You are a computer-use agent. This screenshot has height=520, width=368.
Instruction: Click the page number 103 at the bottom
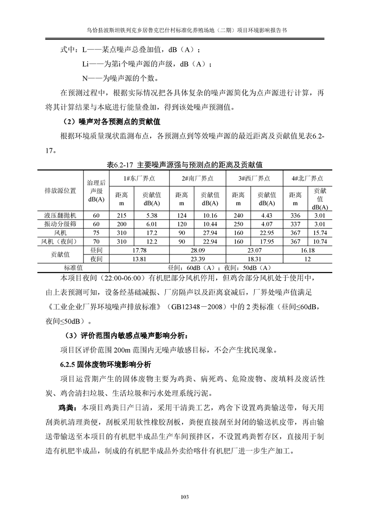(184, 497)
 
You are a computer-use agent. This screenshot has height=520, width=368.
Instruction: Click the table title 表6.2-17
(185, 165)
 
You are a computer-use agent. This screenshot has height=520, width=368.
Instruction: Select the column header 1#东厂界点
(139, 178)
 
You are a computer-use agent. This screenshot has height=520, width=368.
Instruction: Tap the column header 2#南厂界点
(198, 178)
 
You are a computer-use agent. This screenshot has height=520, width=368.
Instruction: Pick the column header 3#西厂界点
(254, 178)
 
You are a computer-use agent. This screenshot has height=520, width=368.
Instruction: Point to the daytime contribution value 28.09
(198, 250)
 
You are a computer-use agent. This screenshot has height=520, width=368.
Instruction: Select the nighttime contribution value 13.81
(139, 259)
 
